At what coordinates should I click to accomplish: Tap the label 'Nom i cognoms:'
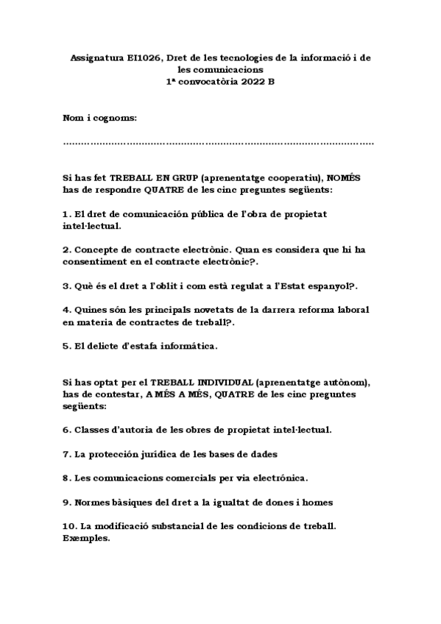click(x=100, y=118)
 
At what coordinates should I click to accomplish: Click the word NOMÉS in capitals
click(x=342, y=178)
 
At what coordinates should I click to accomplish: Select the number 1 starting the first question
click(x=66, y=213)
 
